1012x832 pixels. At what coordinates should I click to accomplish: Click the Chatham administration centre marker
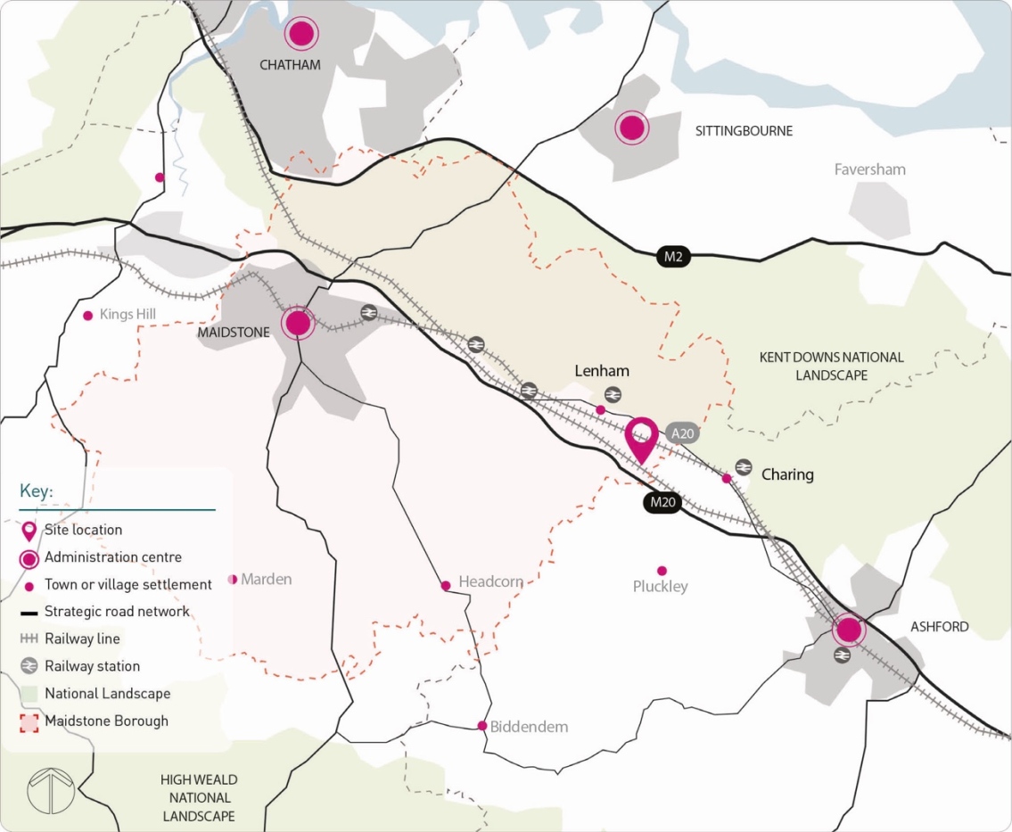(x=302, y=34)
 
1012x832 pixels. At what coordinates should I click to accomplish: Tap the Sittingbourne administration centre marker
(x=632, y=128)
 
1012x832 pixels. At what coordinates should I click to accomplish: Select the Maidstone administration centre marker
(x=298, y=322)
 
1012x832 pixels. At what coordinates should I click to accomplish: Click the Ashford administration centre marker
(x=849, y=630)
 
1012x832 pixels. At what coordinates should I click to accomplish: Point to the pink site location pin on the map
(x=641, y=437)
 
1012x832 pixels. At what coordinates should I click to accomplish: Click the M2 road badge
(x=673, y=257)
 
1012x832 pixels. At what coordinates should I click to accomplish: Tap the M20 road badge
(x=663, y=502)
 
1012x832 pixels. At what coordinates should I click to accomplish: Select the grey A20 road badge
(x=683, y=434)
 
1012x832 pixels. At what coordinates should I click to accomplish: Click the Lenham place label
(x=602, y=371)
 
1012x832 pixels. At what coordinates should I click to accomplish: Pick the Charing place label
(x=787, y=474)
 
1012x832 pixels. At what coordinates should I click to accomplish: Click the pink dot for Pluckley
(x=662, y=571)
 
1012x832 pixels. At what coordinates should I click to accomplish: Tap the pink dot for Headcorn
(x=446, y=586)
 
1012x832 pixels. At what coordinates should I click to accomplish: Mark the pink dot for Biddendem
(x=482, y=726)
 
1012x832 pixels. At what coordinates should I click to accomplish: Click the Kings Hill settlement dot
(x=87, y=316)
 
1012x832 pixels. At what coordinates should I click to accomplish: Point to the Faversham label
(x=869, y=169)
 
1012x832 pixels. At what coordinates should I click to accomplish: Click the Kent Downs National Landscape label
(x=831, y=367)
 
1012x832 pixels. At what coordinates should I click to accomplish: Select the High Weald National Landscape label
(x=199, y=798)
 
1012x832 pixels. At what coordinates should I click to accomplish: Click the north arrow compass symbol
(x=51, y=789)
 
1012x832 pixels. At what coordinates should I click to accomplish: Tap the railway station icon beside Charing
(x=744, y=466)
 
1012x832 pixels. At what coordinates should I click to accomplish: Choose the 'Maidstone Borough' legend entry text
(x=106, y=721)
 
